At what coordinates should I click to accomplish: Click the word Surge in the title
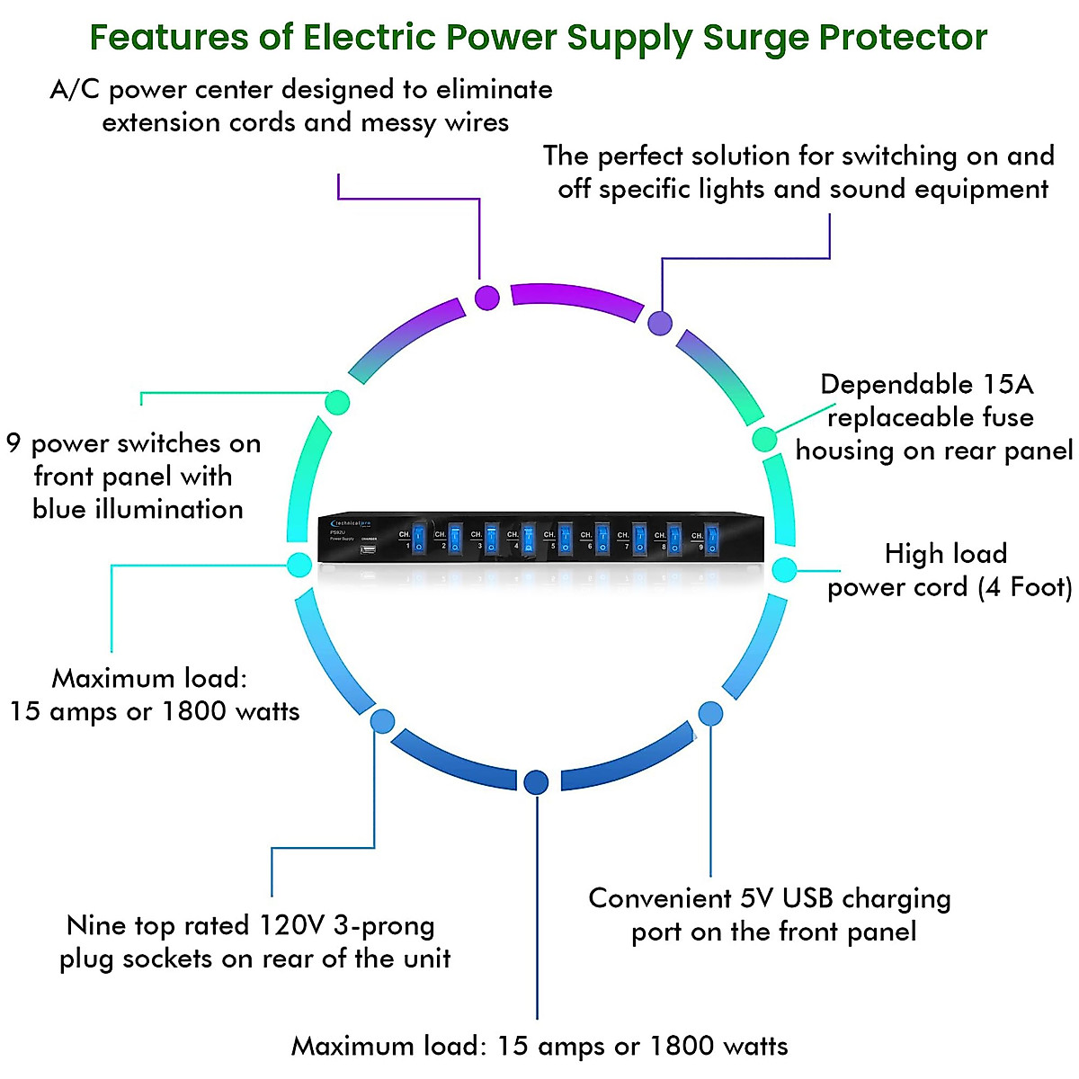pyautogui.click(x=754, y=38)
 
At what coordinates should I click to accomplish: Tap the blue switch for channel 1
pyautogui.click(x=418, y=539)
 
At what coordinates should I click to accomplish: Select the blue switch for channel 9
pyautogui.click(x=711, y=539)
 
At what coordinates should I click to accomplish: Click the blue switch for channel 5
pyautogui.click(x=565, y=539)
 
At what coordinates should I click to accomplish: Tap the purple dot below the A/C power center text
pyautogui.click(x=486, y=298)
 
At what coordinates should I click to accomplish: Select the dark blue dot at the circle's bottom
pyautogui.click(x=536, y=782)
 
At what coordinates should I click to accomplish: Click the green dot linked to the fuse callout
pyautogui.click(x=764, y=439)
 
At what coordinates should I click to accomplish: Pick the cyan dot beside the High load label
pyautogui.click(x=784, y=569)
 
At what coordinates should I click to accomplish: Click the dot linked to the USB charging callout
pyautogui.click(x=710, y=714)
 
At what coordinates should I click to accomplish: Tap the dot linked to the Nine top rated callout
pyautogui.click(x=382, y=720)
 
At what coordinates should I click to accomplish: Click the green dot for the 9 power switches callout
pyautogui.click(x=337, y=402)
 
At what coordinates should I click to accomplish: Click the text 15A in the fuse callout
pyautogui.click(x=1007, y=385)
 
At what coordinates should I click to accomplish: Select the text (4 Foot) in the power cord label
pyautogui.click(x=1024, y=587)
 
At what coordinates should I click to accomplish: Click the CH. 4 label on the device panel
pyautogui.click(x=513, y=535)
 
